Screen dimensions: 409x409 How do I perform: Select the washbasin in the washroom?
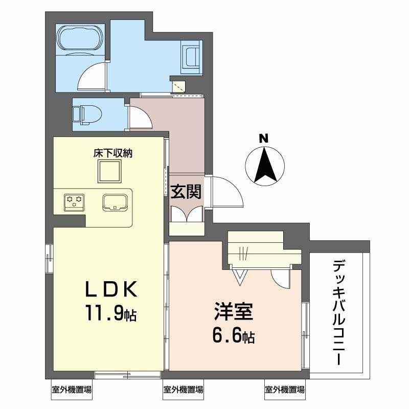click(191, 55)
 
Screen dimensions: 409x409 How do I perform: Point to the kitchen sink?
click(116, 202)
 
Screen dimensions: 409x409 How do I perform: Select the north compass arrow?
click(264, 166)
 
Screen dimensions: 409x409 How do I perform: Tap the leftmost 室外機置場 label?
click(72, 390)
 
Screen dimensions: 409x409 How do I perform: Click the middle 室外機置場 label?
click(183, 390)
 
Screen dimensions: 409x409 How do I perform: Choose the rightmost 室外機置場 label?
click(285, 390)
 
